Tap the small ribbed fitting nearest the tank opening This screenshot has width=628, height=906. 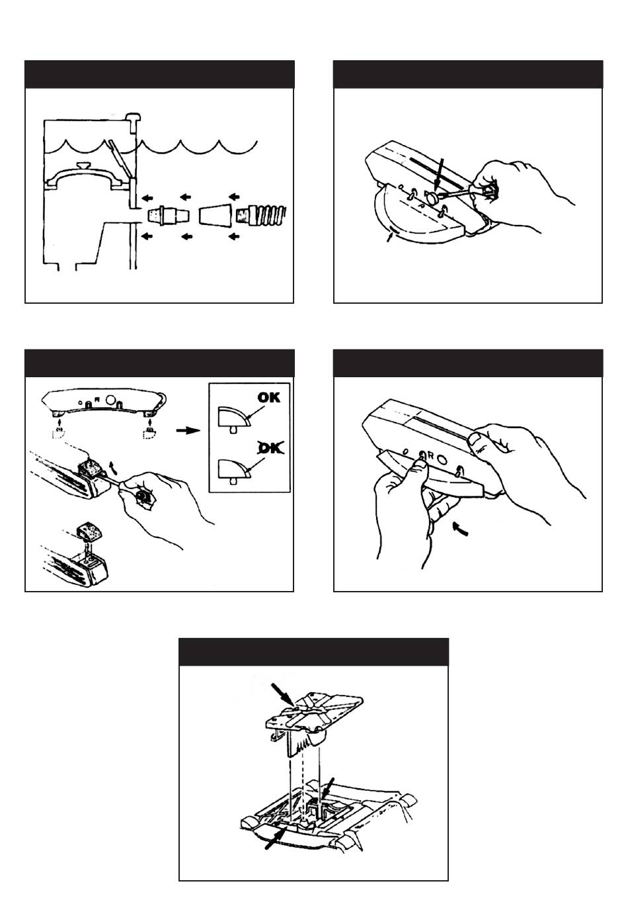163,215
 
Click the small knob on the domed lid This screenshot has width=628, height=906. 83,165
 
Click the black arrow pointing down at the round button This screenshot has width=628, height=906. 438,175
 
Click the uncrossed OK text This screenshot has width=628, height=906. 268,398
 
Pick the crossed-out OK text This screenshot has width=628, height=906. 268,449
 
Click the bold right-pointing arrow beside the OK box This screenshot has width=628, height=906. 188,430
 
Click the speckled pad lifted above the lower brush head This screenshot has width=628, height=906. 89,531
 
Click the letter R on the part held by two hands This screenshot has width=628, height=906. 430,456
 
